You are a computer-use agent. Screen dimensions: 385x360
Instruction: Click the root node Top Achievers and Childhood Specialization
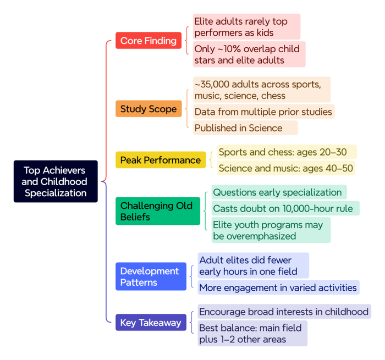[56, 181]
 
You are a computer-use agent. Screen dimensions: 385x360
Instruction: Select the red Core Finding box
[148, 41]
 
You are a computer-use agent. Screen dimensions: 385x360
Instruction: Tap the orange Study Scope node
[148, 109]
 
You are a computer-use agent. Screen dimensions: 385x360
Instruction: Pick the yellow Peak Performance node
[161, 160]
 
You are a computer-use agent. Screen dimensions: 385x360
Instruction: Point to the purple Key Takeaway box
[151, 323]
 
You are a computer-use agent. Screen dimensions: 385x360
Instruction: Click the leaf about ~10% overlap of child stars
[247, 54]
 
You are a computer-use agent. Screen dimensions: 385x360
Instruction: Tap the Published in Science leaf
[238, 128]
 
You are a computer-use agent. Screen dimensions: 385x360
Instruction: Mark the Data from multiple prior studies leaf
[263, 112]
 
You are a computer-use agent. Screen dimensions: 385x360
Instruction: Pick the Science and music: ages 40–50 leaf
[285, 168]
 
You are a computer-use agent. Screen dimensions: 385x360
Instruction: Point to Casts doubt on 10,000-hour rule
[285, 208]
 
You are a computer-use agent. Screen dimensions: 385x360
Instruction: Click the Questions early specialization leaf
[278, 192]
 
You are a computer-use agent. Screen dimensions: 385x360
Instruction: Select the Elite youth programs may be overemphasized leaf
[270, 230]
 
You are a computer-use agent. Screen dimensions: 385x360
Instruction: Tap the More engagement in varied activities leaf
[278, 287]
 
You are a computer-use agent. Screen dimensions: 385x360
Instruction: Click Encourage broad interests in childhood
[284, 312]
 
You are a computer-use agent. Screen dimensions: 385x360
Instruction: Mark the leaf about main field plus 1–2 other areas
[250, 334]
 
